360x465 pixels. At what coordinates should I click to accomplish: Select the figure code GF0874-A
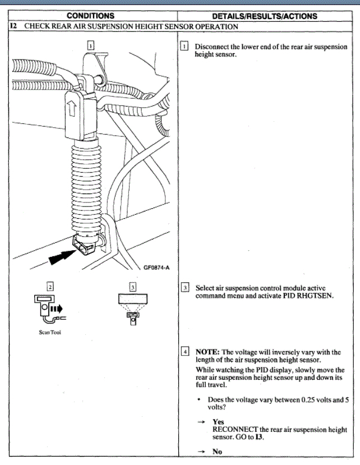point(159,268)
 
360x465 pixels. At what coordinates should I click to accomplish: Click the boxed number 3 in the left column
point(132,287)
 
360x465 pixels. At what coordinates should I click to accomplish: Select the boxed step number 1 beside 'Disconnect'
point(185,45)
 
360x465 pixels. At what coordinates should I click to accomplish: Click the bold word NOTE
point(207,352)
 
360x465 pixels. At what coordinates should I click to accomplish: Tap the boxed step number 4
point(185,352)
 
